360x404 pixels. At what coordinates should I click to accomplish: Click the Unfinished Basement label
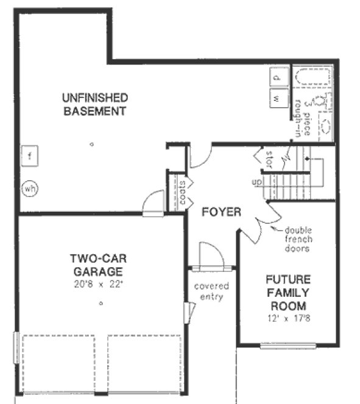click(94, 104)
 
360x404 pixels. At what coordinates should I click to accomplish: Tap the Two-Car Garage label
click(97, 265)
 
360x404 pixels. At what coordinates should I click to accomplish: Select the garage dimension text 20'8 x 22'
click(98, 283)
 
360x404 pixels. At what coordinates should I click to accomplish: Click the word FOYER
click(221, 212)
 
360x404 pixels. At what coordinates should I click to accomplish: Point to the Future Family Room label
click(288, 293)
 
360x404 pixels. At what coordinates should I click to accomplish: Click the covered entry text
click(211, 291)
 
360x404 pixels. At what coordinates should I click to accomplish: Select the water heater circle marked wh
click(29, 189)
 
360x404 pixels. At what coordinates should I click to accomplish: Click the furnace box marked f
click(29, 156)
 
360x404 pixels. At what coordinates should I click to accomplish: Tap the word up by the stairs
click(257, 182)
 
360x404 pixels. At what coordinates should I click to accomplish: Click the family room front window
click(288, 346)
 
